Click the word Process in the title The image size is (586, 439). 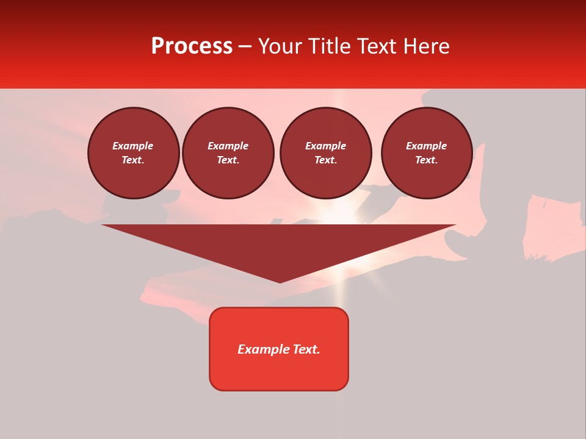[x=192, y=46]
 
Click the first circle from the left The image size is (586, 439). [x=133, y=153]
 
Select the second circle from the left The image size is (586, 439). [x=228, y=153]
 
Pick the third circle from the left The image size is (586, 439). [x=325, y=153]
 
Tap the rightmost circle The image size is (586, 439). [x=426, y=153]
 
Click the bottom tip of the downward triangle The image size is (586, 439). [x=280, y=281]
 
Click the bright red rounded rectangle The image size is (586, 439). [x=279, y=366]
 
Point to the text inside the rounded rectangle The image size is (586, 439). [x=279, y=349]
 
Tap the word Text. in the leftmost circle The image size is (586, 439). [x=133, y=160]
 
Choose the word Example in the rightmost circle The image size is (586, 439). [x=426, y=146]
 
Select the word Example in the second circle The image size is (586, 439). [x=228, y=146]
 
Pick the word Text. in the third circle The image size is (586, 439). [x=325, y=160]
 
